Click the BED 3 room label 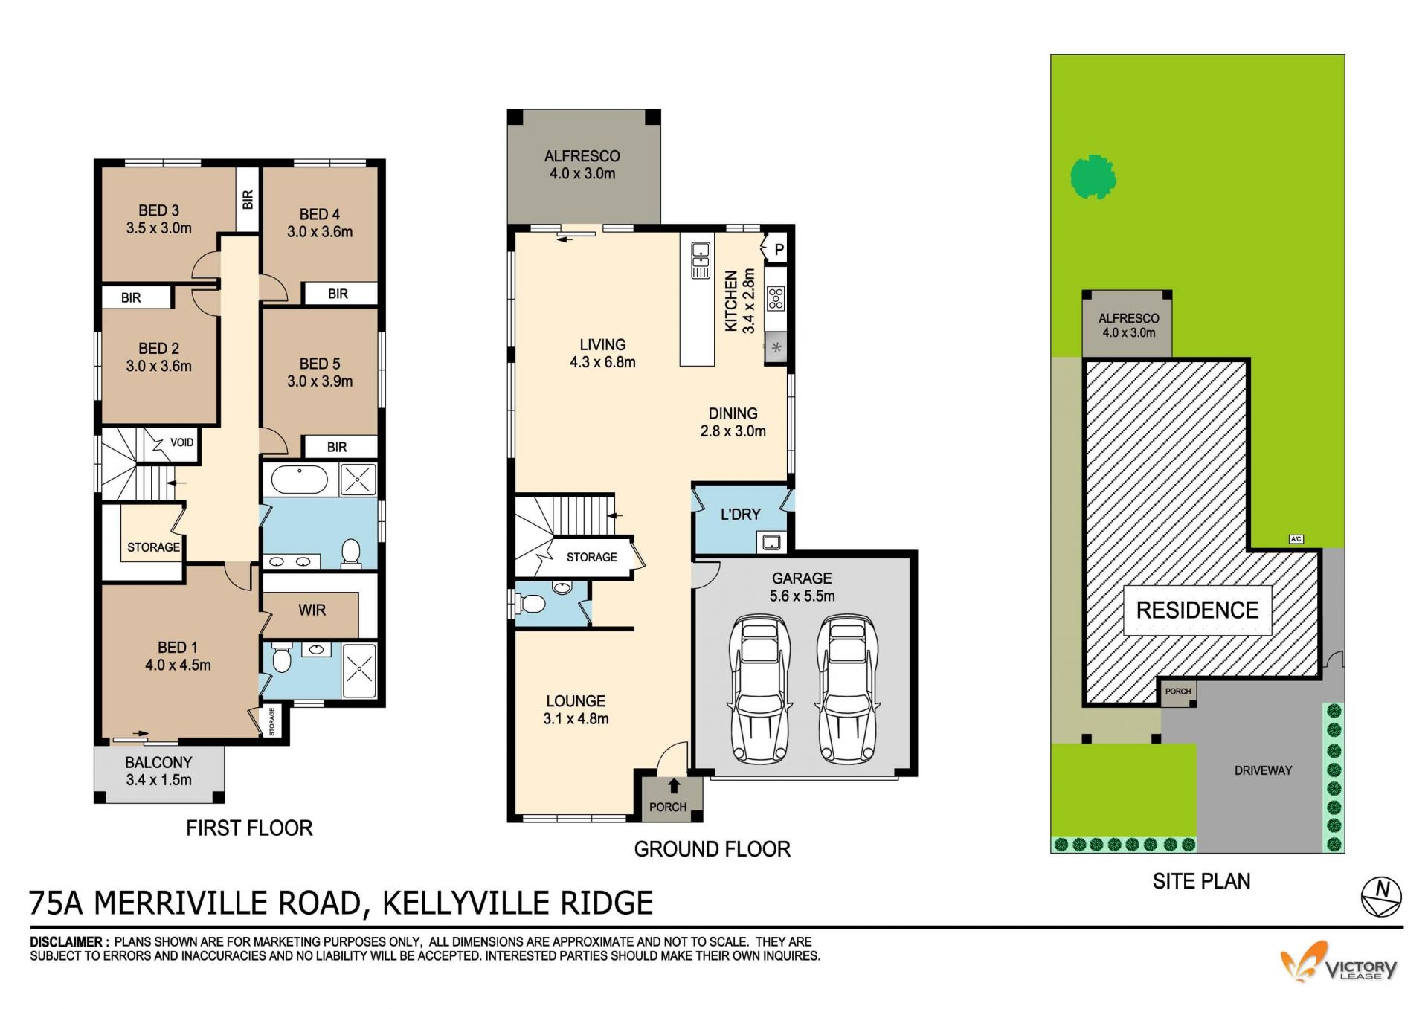[158, 219]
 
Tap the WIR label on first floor [312, 610]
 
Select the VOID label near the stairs [181, 442]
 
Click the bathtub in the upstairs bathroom [299, 480]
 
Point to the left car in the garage [761, 688]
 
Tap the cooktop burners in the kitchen [776, 298]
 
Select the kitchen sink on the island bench [701, 260]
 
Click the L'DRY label [741, 515]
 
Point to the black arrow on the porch [675, 786]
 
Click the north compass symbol [1381, 896]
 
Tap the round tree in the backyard [1093, 177]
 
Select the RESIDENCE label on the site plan [1197, 610]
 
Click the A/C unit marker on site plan [1296, 539]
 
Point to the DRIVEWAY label [1263, 770]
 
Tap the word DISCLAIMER [65, 942]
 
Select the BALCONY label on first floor [158, 771]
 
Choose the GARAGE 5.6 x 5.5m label [802, 587]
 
